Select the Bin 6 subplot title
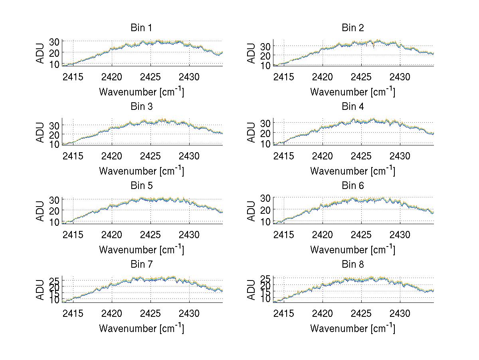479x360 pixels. pyautogui.click(x=353, y=186)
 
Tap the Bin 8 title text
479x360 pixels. pyautogui.click(x=353, y=265)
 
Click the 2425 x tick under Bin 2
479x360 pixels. pyautogui.click(x=361, y=77)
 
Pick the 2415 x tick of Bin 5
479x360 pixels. pyautogui.click(x=73, y=235)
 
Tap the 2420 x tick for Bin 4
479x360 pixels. pyautogui.click(x=323, y=156)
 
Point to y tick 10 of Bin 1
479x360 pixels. pyautogui.click(x=55, y=64)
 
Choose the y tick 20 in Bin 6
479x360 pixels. pyautogui.click(x=266, y=209)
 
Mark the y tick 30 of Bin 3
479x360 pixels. pyautogui.click(x=55, y=125)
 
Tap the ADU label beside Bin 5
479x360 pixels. pyautogui.click(x=40, y=211)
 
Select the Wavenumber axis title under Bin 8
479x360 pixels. pyautogui.click(x=352, y=328)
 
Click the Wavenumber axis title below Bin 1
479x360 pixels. pyautogui.click(x=141, y=91)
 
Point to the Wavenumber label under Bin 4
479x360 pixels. pyautogui.click(x=352, y=171)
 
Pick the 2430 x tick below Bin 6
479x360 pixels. pyautogui.click(x=400, y=235)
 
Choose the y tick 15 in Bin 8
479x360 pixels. pyautogui.click(x=266, y=292)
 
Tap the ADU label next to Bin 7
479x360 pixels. pyautogui.click(x=40, y=290)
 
